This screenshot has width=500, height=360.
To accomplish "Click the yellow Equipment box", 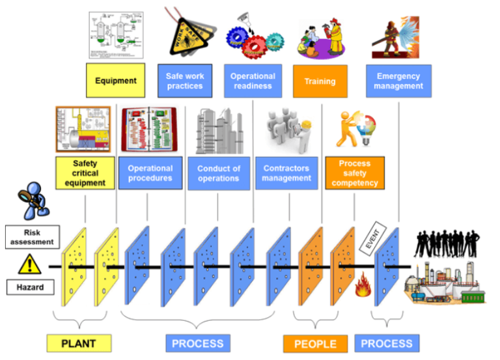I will [116, 81].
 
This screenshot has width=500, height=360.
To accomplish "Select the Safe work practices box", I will [185, 81].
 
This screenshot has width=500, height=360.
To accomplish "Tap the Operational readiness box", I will [253, 81].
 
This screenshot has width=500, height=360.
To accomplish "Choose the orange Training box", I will [320, 81].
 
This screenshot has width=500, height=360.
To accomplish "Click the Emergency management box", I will [398, 81].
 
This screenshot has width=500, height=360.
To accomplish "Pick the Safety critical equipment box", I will [85, 173].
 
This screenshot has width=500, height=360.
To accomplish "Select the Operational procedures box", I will [150, 173].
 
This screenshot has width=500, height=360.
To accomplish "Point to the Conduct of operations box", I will [219, 173].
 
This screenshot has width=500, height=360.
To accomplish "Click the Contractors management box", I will [286, 173].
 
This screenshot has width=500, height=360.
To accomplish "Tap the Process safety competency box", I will [355, 173].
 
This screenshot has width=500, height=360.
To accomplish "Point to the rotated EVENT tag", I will [373, 237].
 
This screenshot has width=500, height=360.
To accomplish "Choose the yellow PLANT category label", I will [79, 343].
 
